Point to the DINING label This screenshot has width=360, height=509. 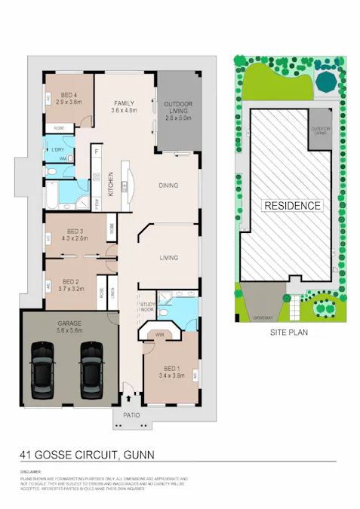coord(171,185)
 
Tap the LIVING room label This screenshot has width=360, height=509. coord(169,258)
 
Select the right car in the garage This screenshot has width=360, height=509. coord(92,369)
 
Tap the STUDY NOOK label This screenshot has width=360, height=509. coord(147,307)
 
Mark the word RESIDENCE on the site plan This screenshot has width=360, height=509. coord(292,205)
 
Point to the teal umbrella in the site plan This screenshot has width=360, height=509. coord(327,80)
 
